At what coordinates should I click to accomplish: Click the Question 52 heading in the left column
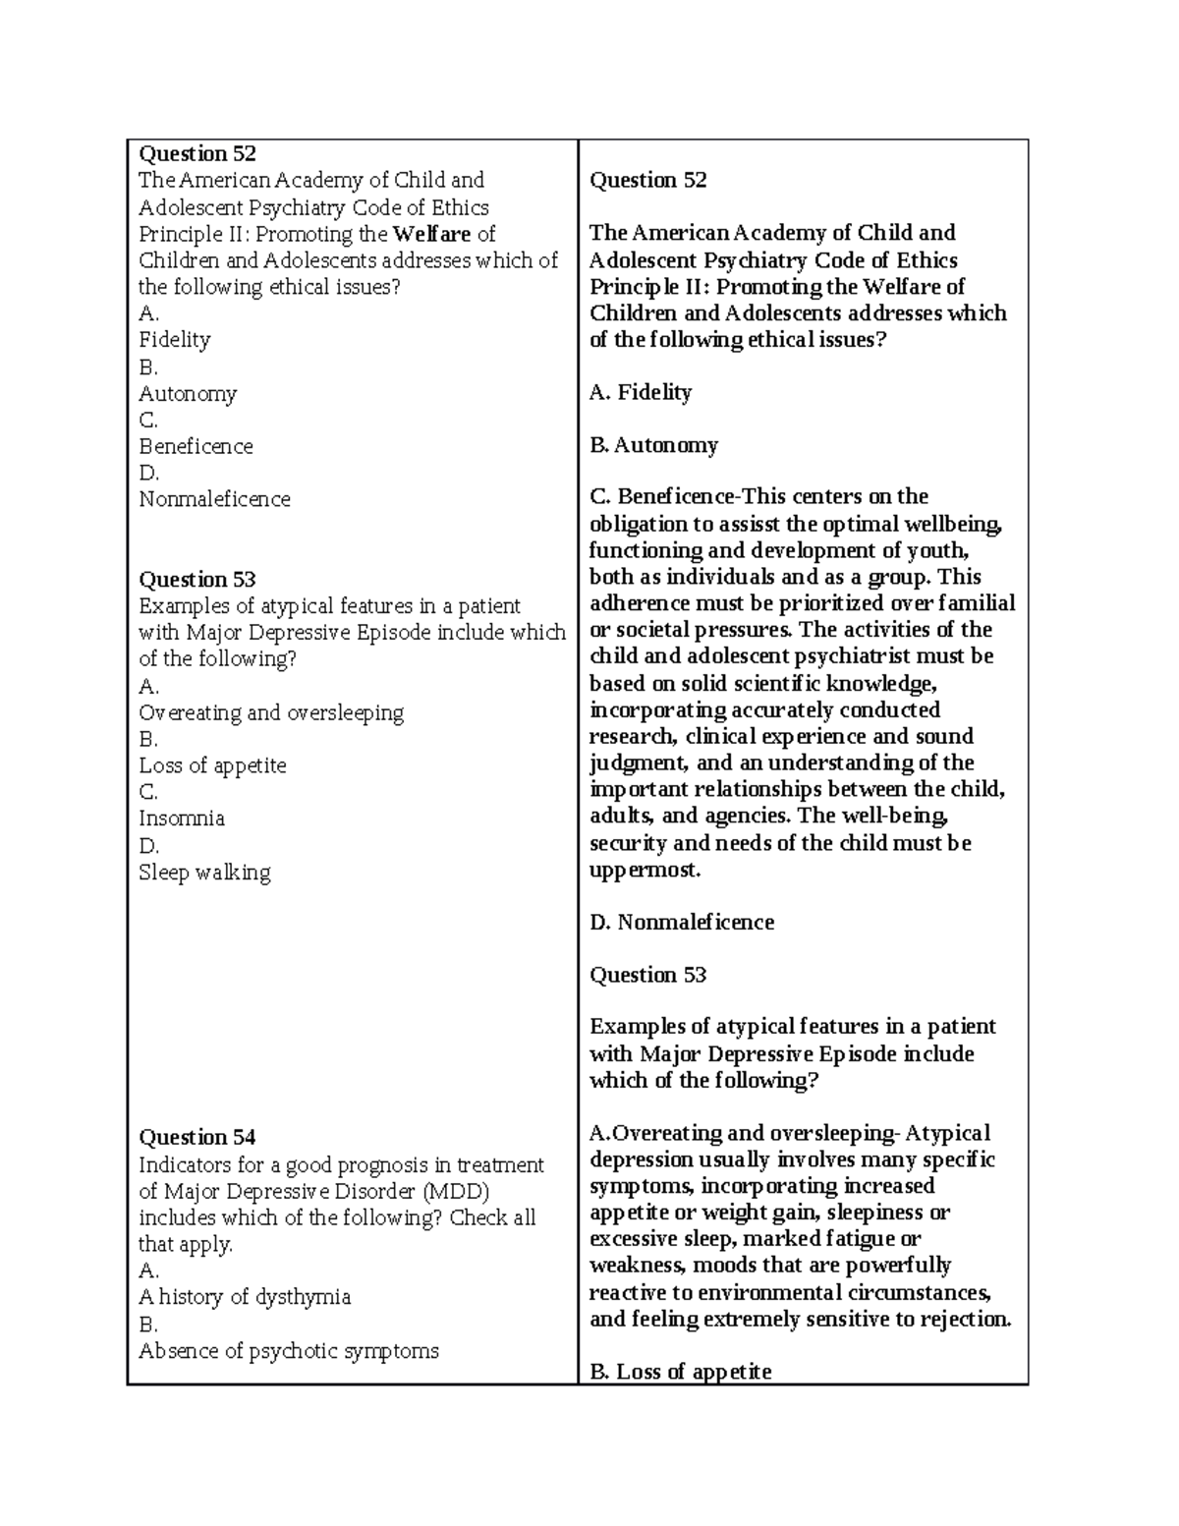(x=197, y=153)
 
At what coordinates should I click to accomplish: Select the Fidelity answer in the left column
(x=175, y=340)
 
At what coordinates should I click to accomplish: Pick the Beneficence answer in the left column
(x=196, y=446)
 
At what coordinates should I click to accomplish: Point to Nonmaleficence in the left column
(x=214, y=499)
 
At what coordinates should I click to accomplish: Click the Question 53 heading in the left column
(x=197, y=580)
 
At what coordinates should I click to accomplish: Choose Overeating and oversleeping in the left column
(x=271, y=712)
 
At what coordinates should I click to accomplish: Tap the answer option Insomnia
(x=182, y=819)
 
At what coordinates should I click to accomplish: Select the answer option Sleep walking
(x=204, y=873)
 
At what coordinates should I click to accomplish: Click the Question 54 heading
(x=197, y=1138)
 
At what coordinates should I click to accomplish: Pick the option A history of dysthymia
(x=245, y=1297)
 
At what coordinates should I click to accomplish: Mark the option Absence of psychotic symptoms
(x=289, y=1351)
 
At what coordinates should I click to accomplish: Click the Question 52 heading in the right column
(x=647, y=180)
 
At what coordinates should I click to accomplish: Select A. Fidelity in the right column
(x=641, y=393)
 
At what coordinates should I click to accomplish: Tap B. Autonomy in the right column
(x=653, y=445)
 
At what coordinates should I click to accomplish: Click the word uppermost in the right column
(x=645, y=870)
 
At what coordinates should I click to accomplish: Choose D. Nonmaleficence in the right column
(x=682, y=923)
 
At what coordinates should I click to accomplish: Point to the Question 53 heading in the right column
(x=647, y=975)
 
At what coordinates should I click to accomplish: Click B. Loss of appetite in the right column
(x=680, y=1372)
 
